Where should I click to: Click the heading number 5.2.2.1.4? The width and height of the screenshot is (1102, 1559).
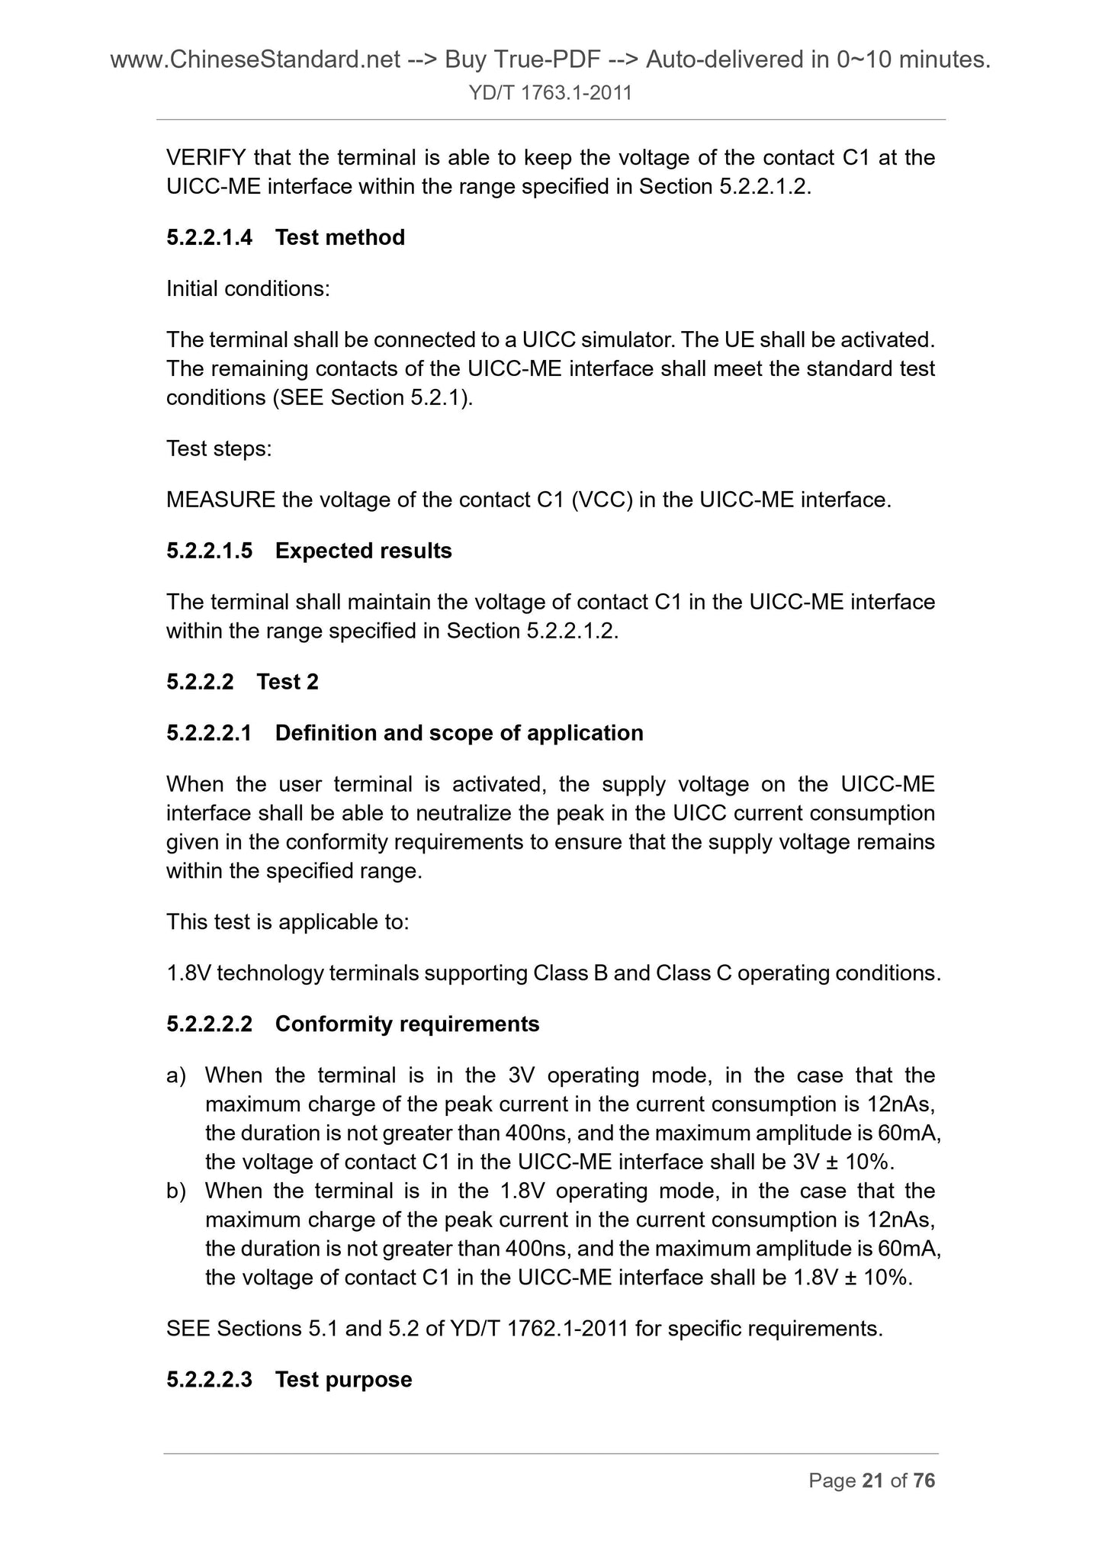click(209, 238)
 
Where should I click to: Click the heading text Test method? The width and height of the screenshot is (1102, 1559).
click(339, 238)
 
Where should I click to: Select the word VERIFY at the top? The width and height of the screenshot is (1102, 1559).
click(206, 158)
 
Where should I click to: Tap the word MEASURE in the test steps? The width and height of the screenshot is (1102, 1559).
click(220, 500)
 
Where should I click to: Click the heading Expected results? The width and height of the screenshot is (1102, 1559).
click(363, 551)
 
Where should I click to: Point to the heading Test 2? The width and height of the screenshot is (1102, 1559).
click(288, 682)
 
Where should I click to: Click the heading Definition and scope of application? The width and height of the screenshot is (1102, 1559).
click(458, 733)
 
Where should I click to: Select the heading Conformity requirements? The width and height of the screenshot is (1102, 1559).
click(406, 1024)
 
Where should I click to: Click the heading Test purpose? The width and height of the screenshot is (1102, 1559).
click(343, 1380)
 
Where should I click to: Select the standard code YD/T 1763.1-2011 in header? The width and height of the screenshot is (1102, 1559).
click(551, 94)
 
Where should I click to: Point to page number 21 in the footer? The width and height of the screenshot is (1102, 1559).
click(872, 1481)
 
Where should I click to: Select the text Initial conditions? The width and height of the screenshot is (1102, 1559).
click(248, 289)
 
